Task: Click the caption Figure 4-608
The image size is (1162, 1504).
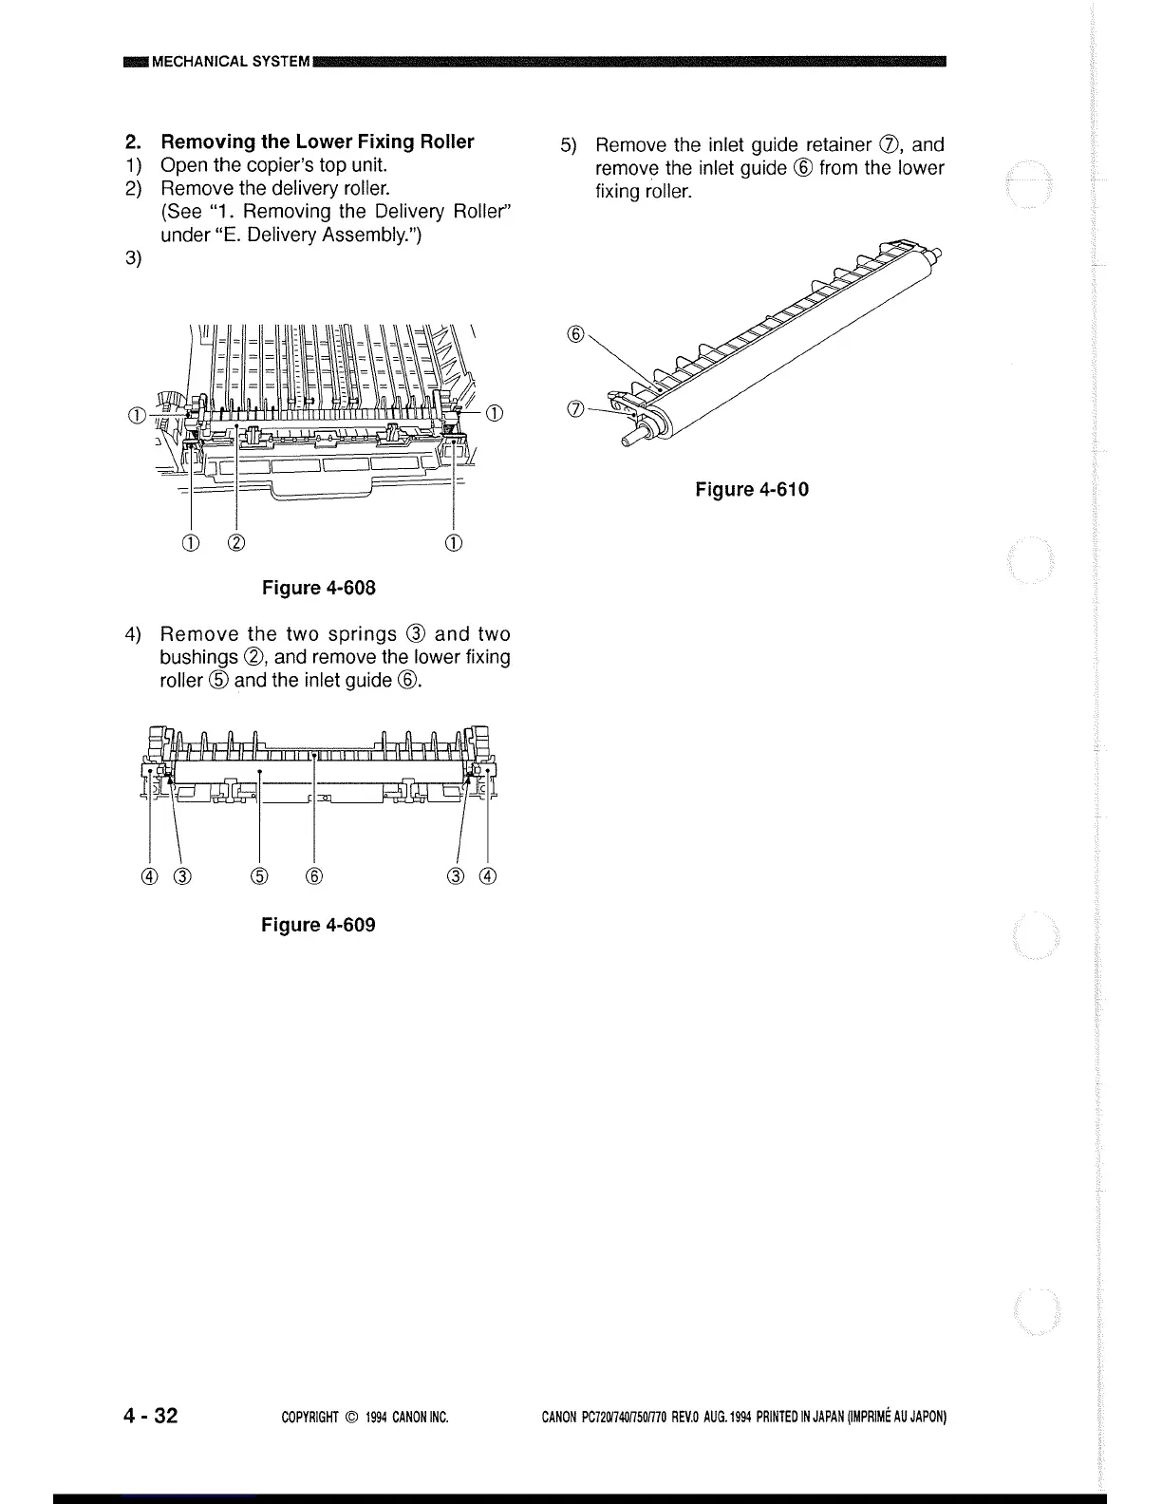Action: coord(319,588)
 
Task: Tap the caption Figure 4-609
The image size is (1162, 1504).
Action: coord(318,925)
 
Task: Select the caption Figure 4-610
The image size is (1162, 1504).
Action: coord(752,489)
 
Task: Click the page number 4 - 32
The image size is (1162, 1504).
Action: coord(150,1417)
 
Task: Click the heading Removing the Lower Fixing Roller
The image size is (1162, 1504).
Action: coord(317,142)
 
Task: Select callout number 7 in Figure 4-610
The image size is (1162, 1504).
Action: coord(573,409)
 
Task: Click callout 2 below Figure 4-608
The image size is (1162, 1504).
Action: coord(236,543)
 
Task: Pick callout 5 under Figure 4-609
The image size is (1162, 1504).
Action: coord(260,875)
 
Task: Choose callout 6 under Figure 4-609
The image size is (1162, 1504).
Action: coord(314,875)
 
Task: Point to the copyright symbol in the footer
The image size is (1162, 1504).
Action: coord(347,1418)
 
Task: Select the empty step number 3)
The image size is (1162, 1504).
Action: coord(134,258)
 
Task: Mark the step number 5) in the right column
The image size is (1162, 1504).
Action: coord(568,146)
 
